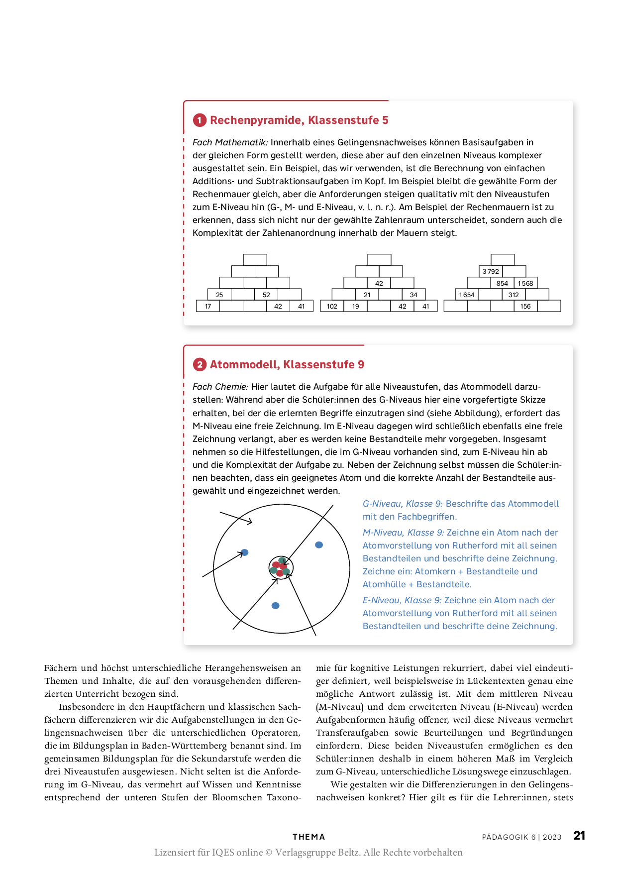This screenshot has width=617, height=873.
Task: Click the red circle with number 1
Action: (200, 120)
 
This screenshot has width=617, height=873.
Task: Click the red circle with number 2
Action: (200, 364)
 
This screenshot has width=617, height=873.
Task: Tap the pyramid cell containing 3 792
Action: (491, 271)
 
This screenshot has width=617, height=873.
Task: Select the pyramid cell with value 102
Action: (332, 306)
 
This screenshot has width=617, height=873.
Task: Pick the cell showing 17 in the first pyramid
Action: (208, 306)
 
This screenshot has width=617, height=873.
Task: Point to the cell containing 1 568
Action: (525, 283)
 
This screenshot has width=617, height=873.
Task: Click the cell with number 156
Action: (525, 306)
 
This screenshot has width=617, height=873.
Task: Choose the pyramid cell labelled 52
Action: (266, 295)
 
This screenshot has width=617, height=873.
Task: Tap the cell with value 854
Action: (502, 283)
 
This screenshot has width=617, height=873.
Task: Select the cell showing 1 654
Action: (467, 295)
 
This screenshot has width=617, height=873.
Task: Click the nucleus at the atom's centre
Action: (281, 567)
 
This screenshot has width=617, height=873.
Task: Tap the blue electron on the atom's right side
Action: (319, 545)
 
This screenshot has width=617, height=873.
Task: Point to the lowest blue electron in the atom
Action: (275, 606)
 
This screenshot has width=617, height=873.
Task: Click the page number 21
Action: (579, 836)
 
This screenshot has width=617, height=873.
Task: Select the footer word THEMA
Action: (308, 837)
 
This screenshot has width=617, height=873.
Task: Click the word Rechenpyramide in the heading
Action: (257, 120)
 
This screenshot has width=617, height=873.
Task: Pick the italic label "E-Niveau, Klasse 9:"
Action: (402, 600)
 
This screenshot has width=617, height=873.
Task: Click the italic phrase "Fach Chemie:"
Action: (220, 387)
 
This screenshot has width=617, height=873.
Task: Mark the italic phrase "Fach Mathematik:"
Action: (230, 142)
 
